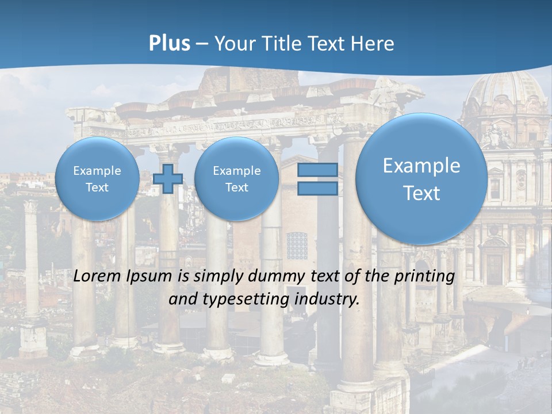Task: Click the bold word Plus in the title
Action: tap(169, 44)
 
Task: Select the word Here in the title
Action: tap(373, 44)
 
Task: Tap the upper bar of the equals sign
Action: tap(317, 170)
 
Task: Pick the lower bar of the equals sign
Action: tap(317, 188)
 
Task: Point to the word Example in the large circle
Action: tap(421, 166)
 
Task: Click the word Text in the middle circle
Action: tap(236, 187)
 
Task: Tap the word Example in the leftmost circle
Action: tap(97, 171)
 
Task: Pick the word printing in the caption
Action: tap(426, 277)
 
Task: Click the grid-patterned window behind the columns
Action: tap(297, 246)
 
